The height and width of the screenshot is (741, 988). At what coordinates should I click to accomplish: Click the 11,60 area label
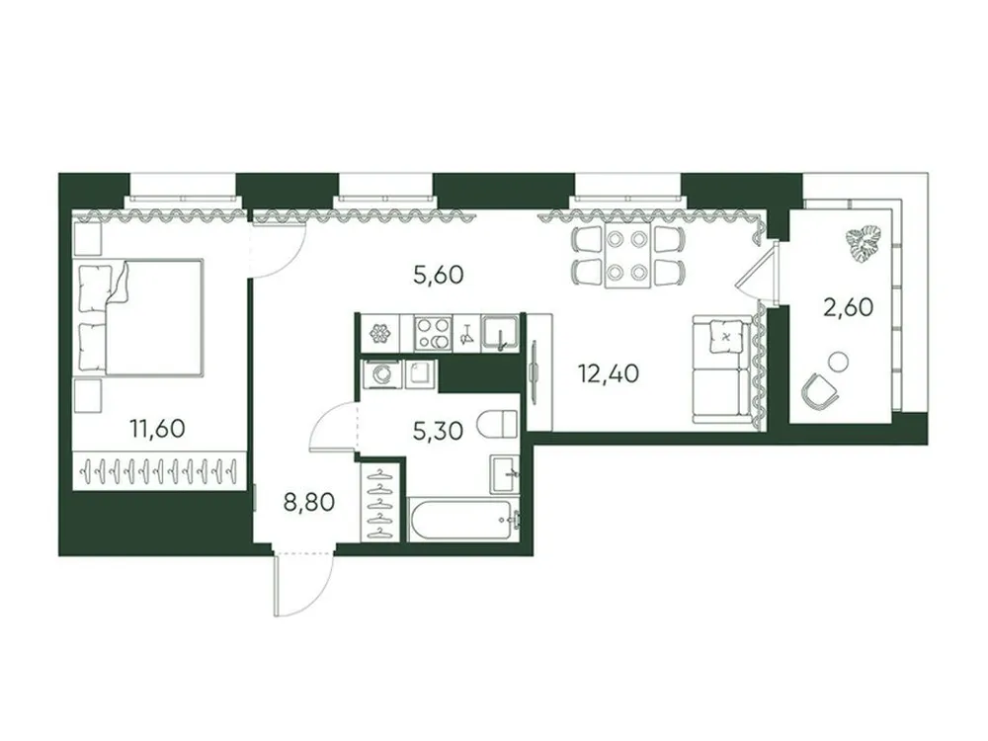click(x=158, y=429)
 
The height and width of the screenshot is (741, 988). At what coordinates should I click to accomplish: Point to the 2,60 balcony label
click(x=848, y=307)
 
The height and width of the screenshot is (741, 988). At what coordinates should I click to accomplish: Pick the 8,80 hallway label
click(x=309, y=501)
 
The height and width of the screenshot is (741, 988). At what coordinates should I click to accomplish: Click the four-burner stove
click(x=432, y=333)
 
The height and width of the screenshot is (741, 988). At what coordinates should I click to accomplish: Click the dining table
click(x=627, y=256)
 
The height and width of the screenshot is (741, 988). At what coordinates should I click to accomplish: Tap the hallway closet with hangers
click(x=381, y=501)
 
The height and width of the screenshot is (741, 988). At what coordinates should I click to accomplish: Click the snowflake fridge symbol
click(x=378, y=334)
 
